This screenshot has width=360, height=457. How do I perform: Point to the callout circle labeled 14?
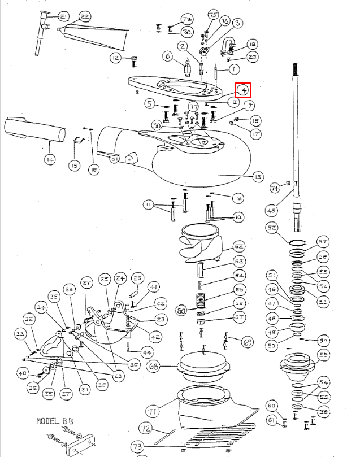[50, 160]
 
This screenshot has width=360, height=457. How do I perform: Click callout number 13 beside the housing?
[258, 177]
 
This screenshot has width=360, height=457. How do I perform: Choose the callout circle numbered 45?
[271, 210]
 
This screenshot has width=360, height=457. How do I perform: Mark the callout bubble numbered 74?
[275, 188]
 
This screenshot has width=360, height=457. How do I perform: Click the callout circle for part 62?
[238, 246]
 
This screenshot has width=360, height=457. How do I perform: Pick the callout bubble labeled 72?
[146, 428]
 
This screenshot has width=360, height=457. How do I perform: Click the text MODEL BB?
[55, 421]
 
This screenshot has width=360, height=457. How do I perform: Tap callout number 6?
[167, 56]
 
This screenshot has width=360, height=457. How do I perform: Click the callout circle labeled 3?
[237, 23]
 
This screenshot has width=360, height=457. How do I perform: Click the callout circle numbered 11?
[149, 204]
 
